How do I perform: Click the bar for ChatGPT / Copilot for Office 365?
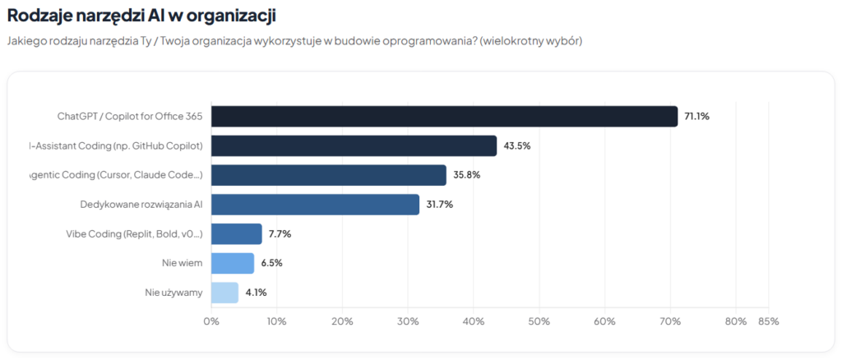point(444,116)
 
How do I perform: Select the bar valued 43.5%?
point(354,145)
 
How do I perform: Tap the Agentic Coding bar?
point(328,175)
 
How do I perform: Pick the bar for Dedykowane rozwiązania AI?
point(315,204)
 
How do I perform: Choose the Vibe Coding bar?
point(237,233)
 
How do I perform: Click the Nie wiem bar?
point(233,263)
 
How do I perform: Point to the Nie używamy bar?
point(224,292)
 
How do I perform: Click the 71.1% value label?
point(696,117)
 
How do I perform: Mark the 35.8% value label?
point(465,175)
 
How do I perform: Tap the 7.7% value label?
point(280,233)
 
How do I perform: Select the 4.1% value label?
point(255,292)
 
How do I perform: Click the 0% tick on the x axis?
point(211,321)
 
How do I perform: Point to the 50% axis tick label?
point(539,321)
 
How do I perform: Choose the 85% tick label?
point(768,321)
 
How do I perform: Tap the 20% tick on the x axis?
point(342,321)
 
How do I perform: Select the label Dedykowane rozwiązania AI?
point(141,205)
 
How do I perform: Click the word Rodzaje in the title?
point(38,15)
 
